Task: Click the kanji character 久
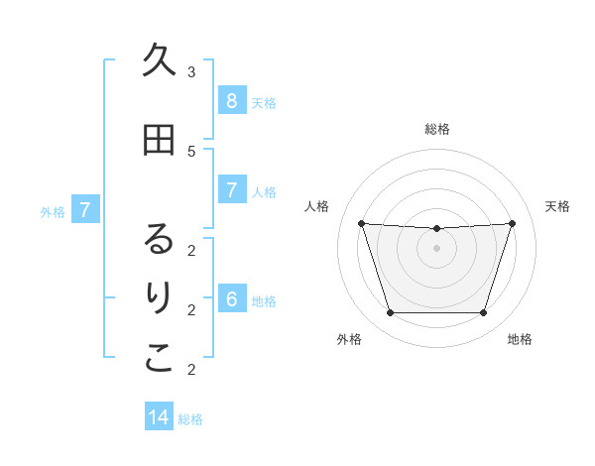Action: (x=159, y=60)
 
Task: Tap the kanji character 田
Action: (x=159, y=140)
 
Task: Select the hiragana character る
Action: (x=159, y=239)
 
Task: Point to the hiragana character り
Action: (x=159, y=298)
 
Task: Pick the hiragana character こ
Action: (x=159, y=358)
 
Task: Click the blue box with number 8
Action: (x=231, y=101)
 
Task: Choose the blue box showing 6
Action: (x=231, y=300)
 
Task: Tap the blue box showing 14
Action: (x=159, y=418)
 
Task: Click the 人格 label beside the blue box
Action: (x=264, y=192)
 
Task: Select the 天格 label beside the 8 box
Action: (x=264, y=102)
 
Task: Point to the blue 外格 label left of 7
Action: (x=53, y=211)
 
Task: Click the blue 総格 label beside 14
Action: (x=190, y=419)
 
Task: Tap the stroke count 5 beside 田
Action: (x=191, y=151)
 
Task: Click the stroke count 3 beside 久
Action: (x=191, y=71)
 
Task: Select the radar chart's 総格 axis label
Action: (x=436, y=129)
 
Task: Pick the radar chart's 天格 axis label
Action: (x=557, y=206)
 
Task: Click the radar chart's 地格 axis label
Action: (x=520, y=339)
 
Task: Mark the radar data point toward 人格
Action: (x=361, y=223)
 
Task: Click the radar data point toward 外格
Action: (x=390, y=313)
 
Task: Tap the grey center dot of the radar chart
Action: (x=436, y=248)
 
